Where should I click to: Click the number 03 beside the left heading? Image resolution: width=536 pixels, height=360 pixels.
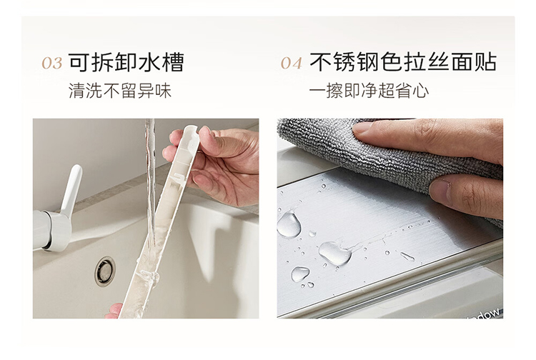52,63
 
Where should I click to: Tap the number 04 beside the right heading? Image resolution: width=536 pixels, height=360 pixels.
292,63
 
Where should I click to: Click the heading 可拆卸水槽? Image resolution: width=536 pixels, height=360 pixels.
126,62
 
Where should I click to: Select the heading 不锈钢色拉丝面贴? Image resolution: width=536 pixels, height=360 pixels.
403,62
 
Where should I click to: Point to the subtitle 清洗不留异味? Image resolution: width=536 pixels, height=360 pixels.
120,91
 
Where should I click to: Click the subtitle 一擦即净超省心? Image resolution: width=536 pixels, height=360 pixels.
369,91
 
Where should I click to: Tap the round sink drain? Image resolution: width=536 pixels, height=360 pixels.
104,271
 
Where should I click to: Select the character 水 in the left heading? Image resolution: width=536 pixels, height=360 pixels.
149,62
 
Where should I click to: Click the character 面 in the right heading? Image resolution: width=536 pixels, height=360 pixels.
462,62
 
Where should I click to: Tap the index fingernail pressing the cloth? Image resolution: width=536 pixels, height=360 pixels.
362,129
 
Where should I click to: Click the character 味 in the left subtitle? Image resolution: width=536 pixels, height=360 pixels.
163,91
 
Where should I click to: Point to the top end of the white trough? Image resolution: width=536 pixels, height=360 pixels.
192,128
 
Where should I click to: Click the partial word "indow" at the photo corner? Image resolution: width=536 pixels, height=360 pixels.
487,314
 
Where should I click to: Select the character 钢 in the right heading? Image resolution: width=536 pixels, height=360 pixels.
367,62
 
